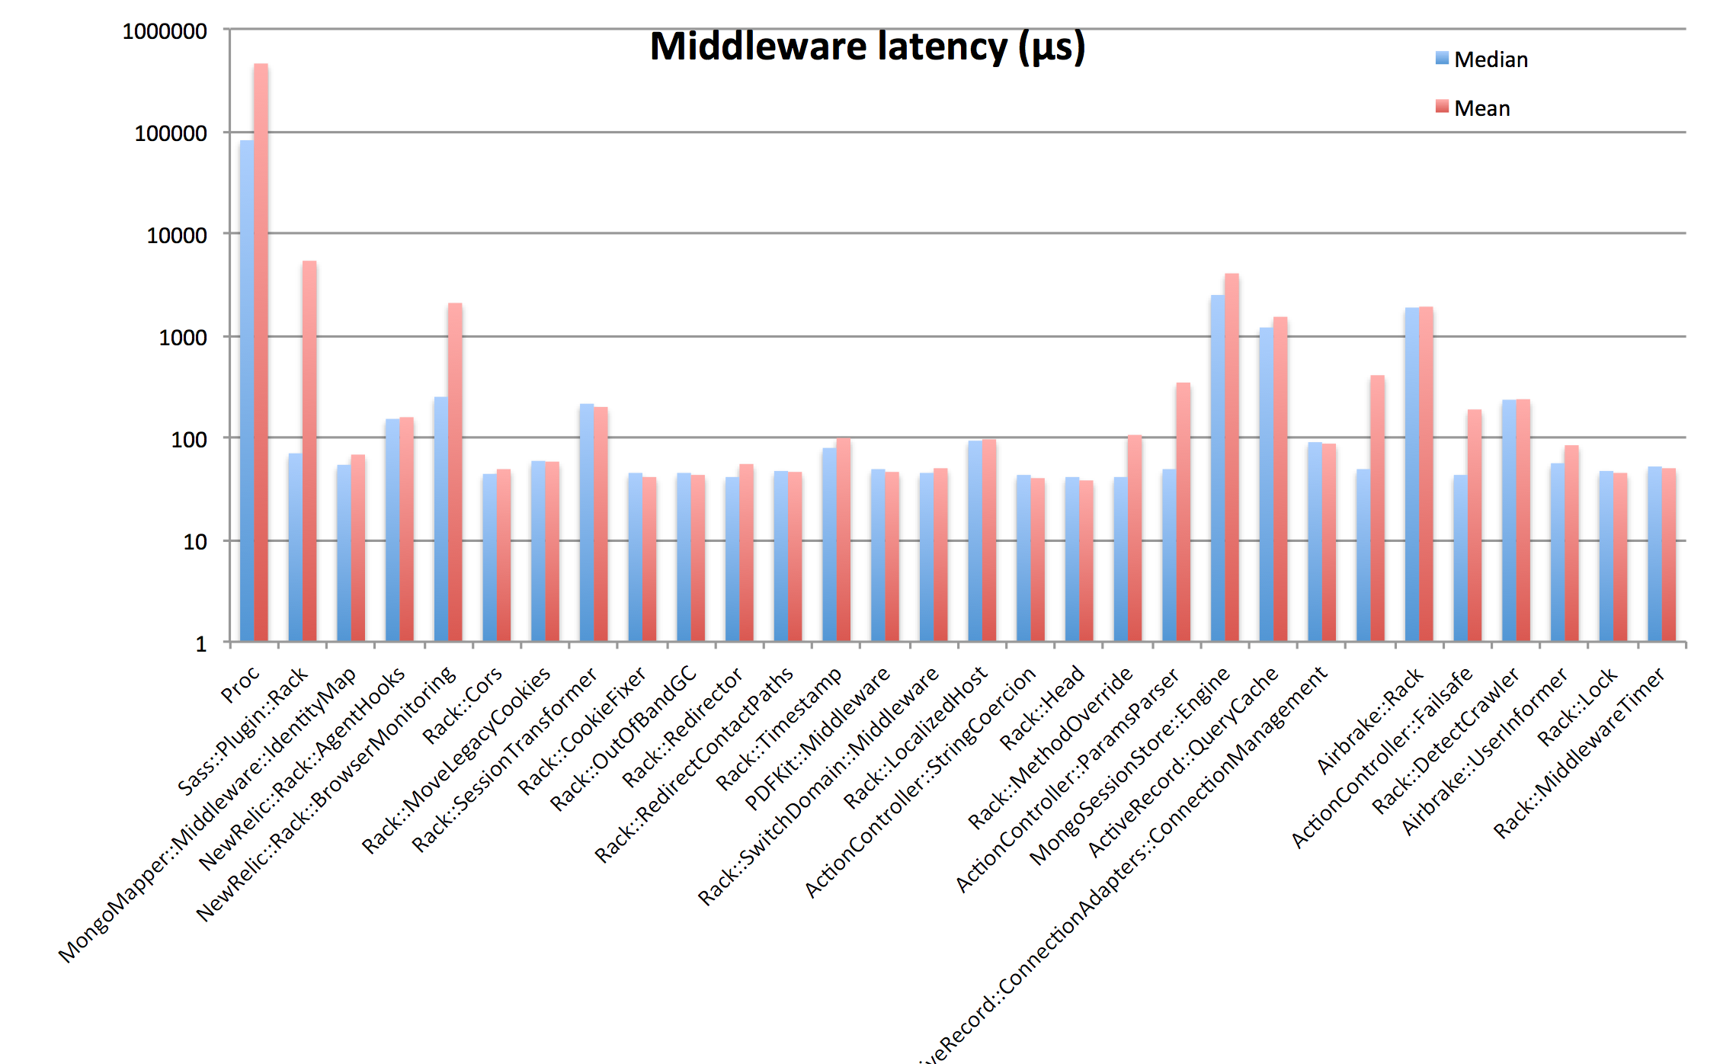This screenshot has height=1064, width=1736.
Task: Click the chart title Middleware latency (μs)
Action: pyautogui.click(x=867, y=47)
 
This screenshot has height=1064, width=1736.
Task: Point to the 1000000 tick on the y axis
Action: pyautogui.click(x=165, y=31)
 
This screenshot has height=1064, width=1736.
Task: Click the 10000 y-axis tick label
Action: pyautogui.click(x=177, y=236)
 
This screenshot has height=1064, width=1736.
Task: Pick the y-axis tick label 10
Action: pyautogui.click(x=195, y=542)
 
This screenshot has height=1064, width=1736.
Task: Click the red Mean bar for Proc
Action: pyautogui.click(x=261, y=351)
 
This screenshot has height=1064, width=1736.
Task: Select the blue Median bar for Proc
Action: pyautogui.click(x=247, y=389)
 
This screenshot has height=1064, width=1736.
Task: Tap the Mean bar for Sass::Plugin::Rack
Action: pyautogui.click(x=309, y=450)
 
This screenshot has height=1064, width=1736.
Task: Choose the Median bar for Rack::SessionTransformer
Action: pyautogui.click(x=587, y=522)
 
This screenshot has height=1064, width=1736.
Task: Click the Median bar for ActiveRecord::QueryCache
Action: pyautogui.click(x=1267, y=483)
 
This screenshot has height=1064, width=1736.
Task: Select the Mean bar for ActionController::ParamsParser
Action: pyautogui.click(x=1183, y=511)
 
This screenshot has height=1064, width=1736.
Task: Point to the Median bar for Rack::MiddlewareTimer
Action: pyautogui.click(x=1654, y=553)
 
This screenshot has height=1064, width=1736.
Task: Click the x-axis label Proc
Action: pyautogui.click(x=240, y=684)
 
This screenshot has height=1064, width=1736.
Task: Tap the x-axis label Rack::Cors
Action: pyautogui.click(x=463, y=704)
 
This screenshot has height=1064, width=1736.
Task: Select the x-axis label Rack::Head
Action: pyautogui.click(x=1042, y=707)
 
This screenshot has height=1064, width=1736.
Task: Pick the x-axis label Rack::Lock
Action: pyautogui.click(x=1576, y=707)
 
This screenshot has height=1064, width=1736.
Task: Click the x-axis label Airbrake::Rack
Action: pyautogui.click(x=1369, y=720)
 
